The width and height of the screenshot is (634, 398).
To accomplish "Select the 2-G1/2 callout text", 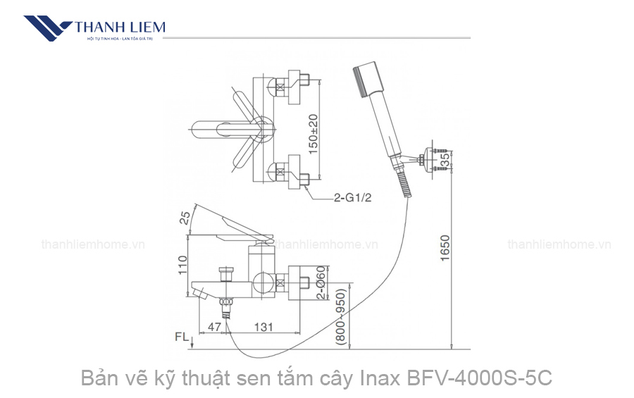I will click(352, 199).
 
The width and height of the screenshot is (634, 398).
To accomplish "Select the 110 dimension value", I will click(182, 264).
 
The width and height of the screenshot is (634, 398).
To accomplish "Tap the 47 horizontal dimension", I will click(216, 327).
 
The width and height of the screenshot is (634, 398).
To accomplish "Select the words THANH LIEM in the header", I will click(120, 27).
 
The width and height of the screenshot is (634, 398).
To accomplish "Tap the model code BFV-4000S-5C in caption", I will click(480, 378).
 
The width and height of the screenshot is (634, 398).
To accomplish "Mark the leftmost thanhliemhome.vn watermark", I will click(93, 245).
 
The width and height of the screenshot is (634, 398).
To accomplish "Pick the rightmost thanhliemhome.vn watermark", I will click(559, 245).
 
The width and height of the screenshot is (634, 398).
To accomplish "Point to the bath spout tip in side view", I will click(194, 290).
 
